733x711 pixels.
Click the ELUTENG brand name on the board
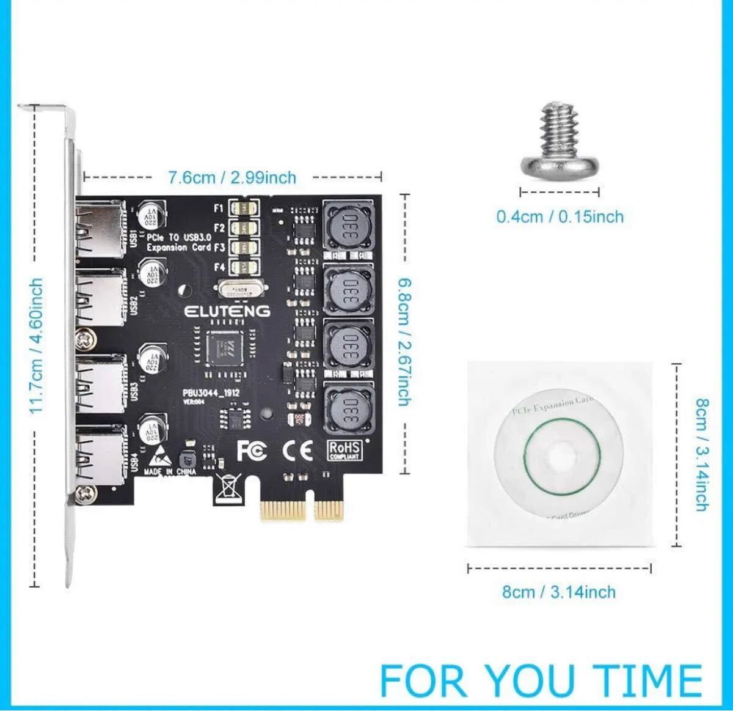pos(227,311)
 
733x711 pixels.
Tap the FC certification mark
pos(252,451)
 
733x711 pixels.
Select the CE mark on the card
pos(298,451)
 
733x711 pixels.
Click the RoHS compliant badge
pos(345,451)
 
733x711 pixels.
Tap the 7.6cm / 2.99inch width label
pos(232,177)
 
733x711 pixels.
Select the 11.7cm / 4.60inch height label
pos(36,345)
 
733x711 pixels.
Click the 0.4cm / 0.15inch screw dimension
pos(560,216)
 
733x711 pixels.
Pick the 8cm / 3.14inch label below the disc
pos(558,592)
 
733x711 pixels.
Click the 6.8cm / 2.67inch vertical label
pos(404,341)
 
